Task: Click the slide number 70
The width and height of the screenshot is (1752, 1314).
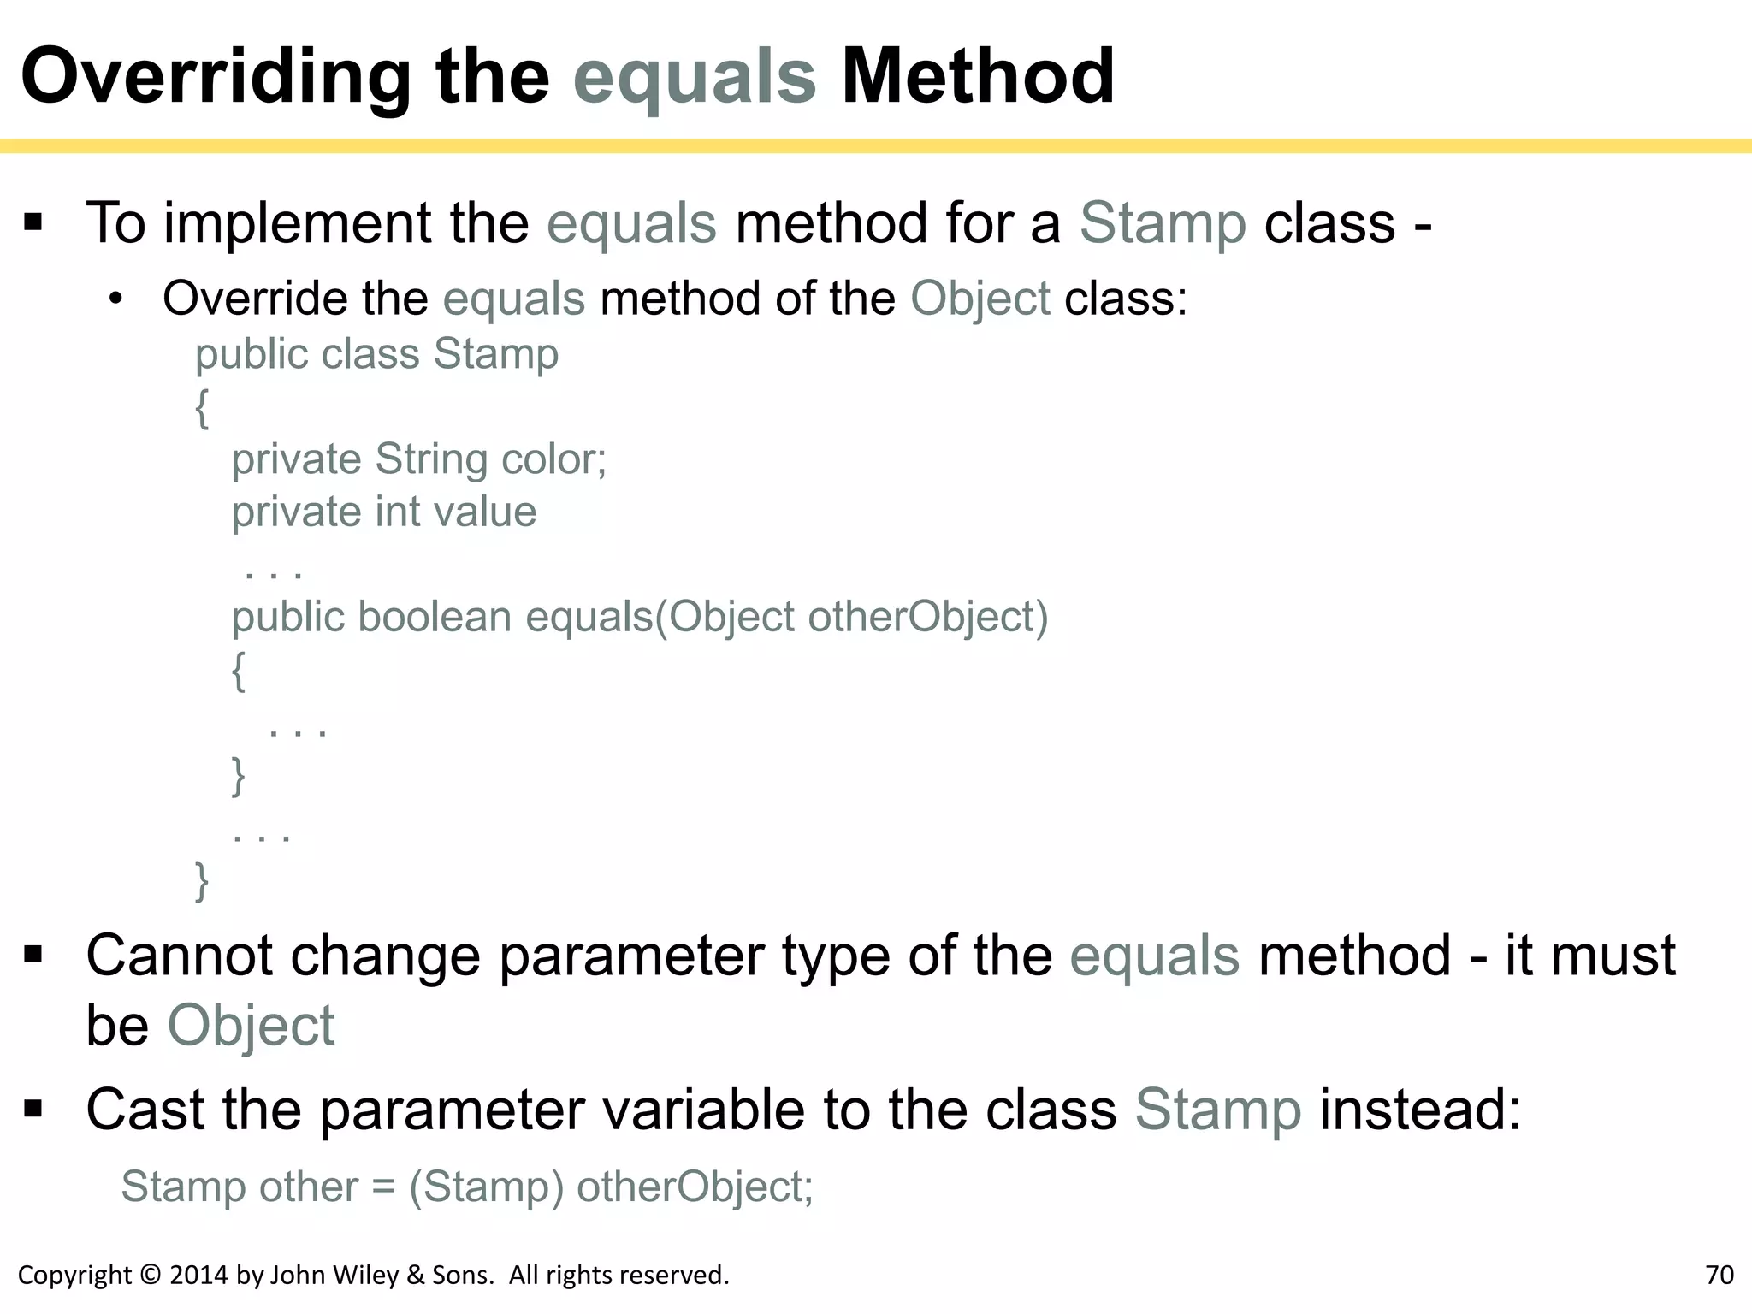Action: click(1719, 1275)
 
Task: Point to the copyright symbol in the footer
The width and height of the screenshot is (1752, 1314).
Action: click(150, 1275)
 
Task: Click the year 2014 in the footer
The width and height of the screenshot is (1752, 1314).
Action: click(199, 1275)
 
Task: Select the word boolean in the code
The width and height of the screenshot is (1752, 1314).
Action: click(434, 617)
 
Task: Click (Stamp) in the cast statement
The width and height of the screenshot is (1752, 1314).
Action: click(486, 1187)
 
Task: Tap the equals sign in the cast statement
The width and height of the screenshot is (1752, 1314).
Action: click(383, 1187)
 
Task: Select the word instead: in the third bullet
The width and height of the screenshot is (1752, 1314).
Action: click(1420, 1110)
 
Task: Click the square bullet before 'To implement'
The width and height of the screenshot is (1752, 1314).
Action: click(33, 223)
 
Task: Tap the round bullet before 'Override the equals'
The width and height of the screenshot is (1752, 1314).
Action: click(116, 299)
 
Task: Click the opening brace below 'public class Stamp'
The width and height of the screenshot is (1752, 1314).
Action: click(202, 407)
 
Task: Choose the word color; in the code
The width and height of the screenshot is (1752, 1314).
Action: click(553, 459)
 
